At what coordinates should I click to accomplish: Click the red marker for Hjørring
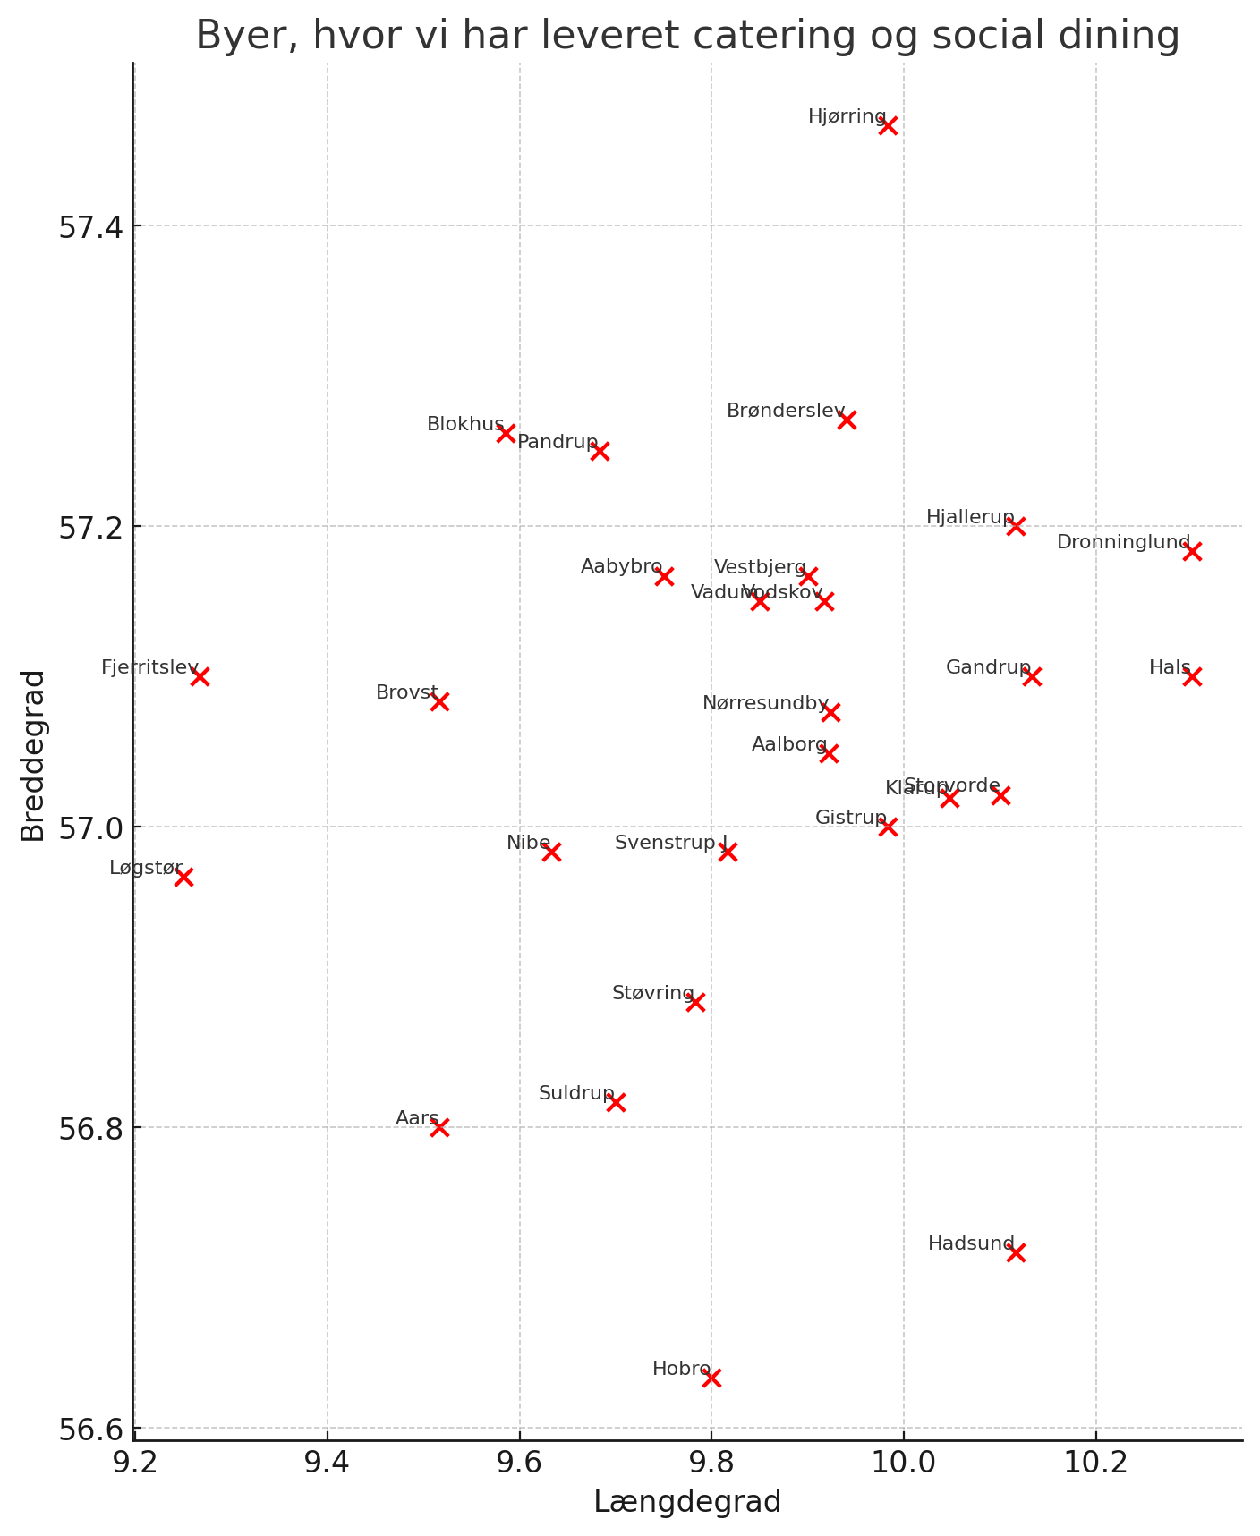tap(888, 125)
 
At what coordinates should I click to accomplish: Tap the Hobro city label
tap(680, 1369)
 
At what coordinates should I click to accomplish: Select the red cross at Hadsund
tap(1016, 1252)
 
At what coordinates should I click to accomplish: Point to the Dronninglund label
tap(1123, 542)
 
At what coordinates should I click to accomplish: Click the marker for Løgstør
tap(183, 877)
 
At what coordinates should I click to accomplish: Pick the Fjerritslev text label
tap(149, 667)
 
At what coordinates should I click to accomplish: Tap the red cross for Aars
tap(439, 1127)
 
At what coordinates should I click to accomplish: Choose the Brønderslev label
tap(785, 411)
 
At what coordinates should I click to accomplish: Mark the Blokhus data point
tap(506, 433)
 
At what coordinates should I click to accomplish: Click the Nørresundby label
tap(765, 703)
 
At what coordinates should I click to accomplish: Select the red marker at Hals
tap(1192, 676)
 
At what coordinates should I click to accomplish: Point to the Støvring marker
tap(695, 1002)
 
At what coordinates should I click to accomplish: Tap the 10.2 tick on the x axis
tap(1095, 1459)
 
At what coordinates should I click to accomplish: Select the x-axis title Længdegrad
tap(687, 1502)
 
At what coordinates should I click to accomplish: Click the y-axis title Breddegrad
tap(33, 755)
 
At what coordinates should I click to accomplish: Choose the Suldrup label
tap(575, 1093)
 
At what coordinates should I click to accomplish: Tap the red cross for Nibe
tap(551, 852)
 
